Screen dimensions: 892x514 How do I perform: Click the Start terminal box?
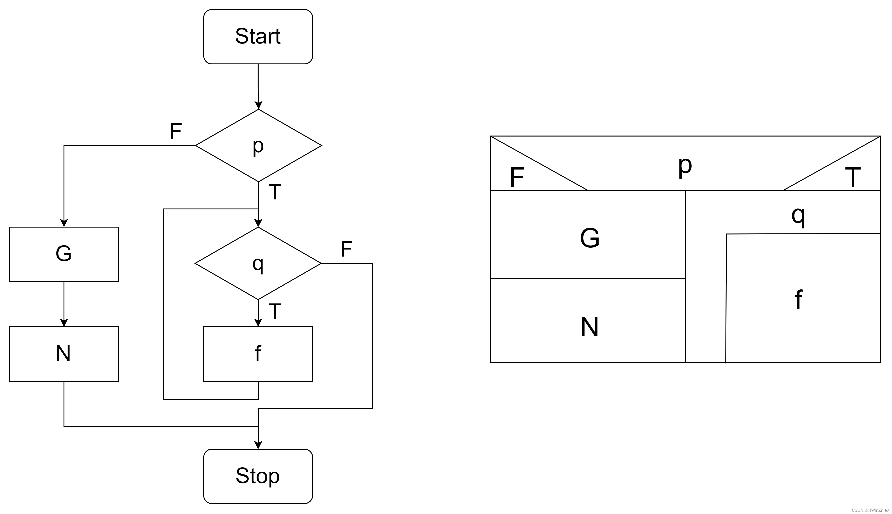tap(258, 37)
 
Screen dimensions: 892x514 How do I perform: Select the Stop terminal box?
tap(258, 476)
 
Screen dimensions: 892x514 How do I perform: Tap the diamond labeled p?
tap(259, 145)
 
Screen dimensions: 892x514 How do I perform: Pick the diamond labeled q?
tap(258, 263)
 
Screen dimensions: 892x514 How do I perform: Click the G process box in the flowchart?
tap(64, 254)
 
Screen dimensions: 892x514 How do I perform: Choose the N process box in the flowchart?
tap(64, 354)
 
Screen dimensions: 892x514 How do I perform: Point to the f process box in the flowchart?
tap(258, 354)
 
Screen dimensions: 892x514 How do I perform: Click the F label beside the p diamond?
tap(176, 131)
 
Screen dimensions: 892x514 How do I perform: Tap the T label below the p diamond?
tap(275, 192)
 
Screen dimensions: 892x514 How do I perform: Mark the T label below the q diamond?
tap(275, 311)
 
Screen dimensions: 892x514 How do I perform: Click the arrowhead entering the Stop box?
tap(258, 445)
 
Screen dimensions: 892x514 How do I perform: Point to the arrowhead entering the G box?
tap(64, 223)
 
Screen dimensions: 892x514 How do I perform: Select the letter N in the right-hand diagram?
tap(590, 327)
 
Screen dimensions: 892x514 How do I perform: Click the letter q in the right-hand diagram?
tap(798, 216)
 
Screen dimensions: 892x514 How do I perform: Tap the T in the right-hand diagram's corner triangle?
tap(853, 177)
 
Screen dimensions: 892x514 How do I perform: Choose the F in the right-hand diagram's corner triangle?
tap(517, 177)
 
